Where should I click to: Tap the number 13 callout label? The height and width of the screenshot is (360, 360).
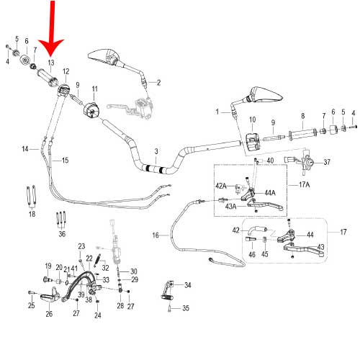pyautogui.click(x=51, y=63)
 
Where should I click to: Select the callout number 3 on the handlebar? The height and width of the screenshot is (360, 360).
pyautogui.click(x=156, y=151)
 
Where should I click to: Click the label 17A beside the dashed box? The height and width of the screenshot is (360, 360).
pyautogui.click(x=304, y=184)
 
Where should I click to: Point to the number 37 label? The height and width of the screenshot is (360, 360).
pyautogui.click(x=327, y=162)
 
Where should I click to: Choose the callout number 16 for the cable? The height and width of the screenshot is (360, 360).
pyautogui.click(x=156, y=235)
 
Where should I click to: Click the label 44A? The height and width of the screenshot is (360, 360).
pyautogui.click(x=270, y=193)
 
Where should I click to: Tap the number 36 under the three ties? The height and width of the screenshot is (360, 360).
pyautogui.click(x=62, y=234)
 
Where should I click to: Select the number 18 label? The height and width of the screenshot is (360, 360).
pyautogui.click(x=32, y=214)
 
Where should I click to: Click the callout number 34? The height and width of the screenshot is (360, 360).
pyautogui.click(x=188, y=285)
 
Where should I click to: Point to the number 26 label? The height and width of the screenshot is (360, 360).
pyautogui.click(x=49, y=314)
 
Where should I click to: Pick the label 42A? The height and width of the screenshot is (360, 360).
pyautogui.click(x=221, y=186)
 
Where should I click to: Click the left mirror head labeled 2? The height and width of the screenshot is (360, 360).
pyautogui.click(x=104, y=57)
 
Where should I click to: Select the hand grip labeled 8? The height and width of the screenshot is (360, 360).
pyautogui.click(x=302, y=134)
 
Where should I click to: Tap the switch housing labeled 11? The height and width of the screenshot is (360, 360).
pyautogui.click(x=91, y=110)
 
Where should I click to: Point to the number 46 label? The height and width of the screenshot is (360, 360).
pyautogui.click(x=252, y=254)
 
